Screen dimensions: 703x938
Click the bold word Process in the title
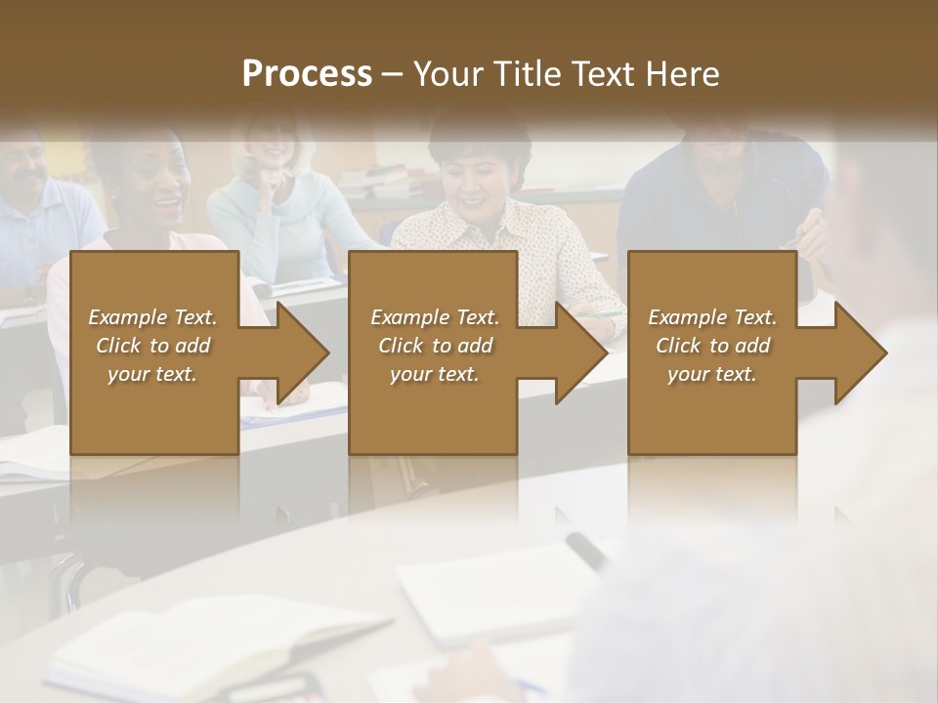307,74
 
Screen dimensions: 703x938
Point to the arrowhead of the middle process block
579,352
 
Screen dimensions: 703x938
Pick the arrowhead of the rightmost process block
859,352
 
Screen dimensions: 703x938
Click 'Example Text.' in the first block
152,317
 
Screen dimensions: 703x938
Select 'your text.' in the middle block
434,374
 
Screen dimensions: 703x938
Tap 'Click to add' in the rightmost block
712,346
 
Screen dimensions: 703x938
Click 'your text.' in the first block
152,374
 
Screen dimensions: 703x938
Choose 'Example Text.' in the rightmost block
712,317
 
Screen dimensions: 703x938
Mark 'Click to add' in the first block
152,346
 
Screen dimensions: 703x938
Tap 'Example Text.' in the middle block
434,317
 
